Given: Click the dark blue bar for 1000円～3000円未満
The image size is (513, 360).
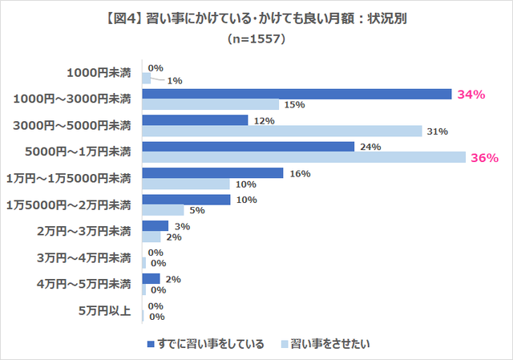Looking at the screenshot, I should (297, 94).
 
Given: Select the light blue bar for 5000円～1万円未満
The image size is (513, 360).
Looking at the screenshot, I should (304, 157).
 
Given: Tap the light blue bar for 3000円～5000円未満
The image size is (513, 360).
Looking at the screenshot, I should (282, 131).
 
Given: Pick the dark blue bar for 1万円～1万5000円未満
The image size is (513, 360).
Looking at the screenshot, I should (212, 173).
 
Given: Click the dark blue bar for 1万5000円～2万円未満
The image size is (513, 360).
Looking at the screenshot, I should (186, 200).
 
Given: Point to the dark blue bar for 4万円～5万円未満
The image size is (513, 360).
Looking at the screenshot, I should (151, 279).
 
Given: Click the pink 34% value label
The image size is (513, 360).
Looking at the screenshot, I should (471, 95).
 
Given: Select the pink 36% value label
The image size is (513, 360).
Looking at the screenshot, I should (484, 158).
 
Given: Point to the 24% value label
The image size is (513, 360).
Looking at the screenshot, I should (370, 147).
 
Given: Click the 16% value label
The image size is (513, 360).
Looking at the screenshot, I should (299, 173).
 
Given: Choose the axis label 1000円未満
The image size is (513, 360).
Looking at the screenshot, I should (99, 73).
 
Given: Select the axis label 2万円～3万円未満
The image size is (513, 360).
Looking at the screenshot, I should (84, 232).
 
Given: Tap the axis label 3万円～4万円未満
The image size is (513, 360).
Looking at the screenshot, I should (84, 258).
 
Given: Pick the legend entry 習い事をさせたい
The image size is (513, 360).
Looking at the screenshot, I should (329, 344).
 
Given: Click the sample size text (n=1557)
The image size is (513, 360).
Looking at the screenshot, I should (257, 38).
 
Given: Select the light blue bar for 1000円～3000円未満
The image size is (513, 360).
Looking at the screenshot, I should (210, 104).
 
